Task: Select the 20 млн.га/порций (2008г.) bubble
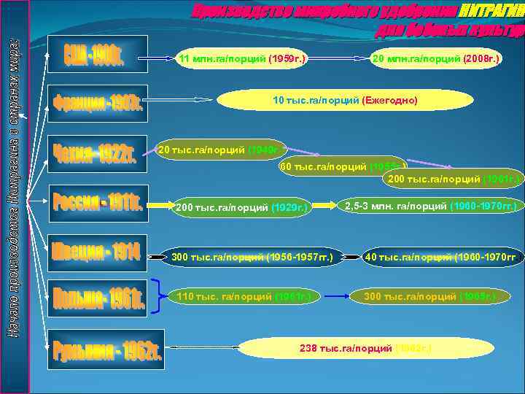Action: [435, 57]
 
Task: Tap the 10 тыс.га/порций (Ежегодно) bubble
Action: [345, 101]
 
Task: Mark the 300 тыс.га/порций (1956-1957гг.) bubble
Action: [251, 257]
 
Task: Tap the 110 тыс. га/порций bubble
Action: [243, 296]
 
